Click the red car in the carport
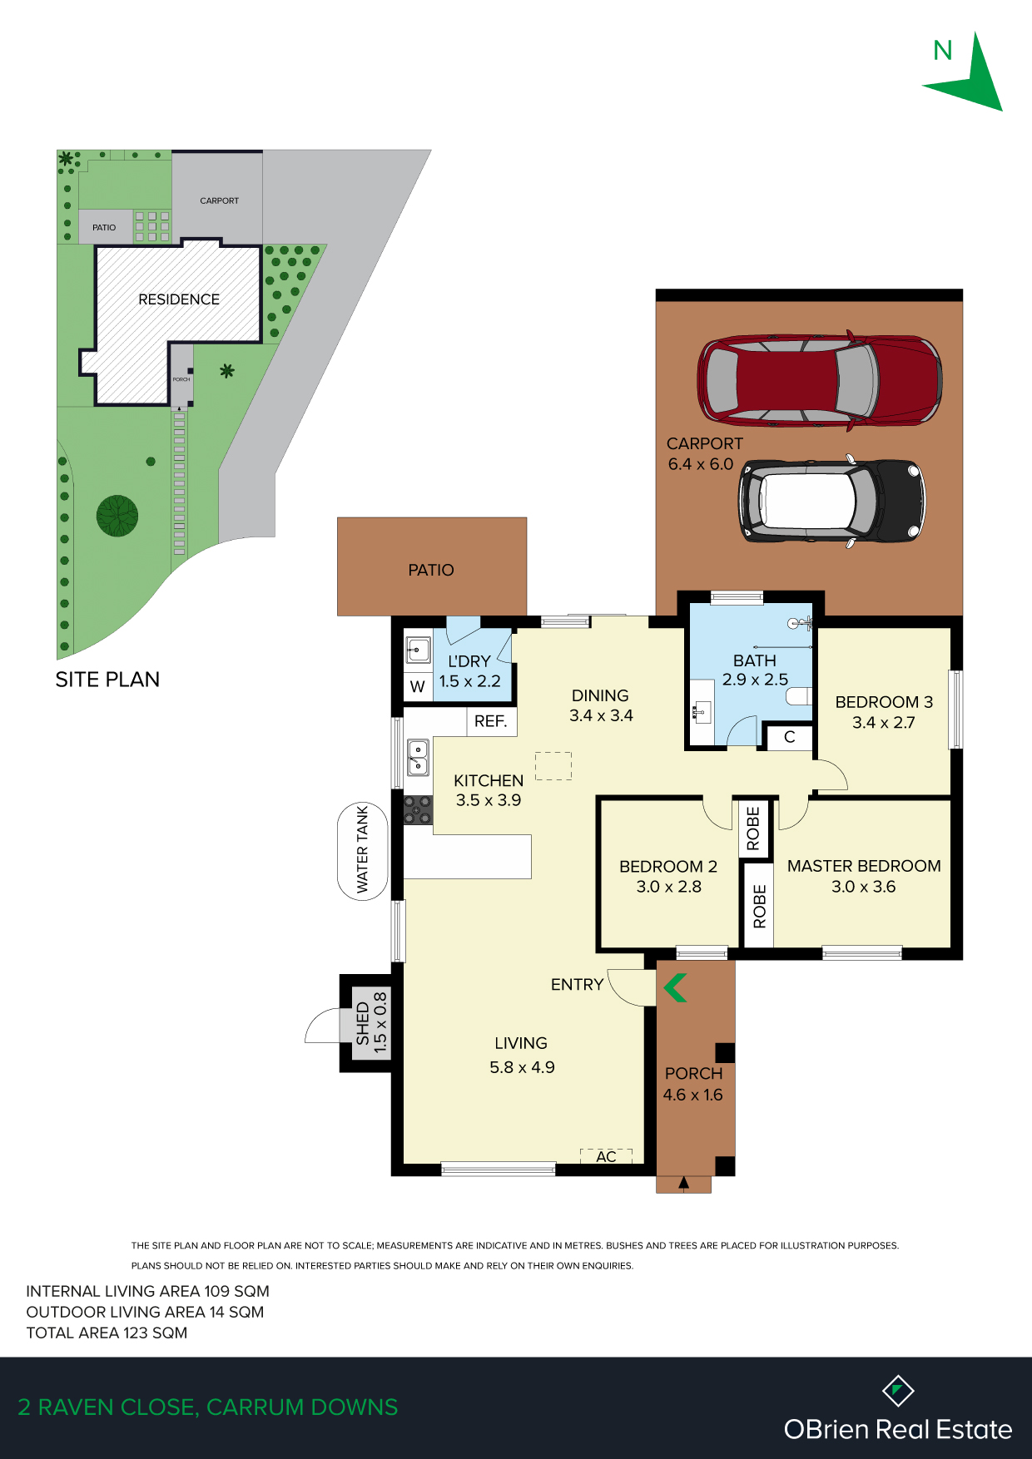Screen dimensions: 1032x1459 (x=820, y=381)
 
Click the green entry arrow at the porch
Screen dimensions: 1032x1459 (x=675, y=987)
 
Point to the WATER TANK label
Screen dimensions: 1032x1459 (x=363, y=850)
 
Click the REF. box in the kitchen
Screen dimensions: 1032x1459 (x=491, y=721)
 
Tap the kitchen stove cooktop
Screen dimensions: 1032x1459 (x=418, y=809)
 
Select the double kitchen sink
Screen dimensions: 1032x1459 (x=418, y=757)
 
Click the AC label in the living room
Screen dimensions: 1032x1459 (x=606, y=1156)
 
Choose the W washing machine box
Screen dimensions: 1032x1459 (x=418, y=687)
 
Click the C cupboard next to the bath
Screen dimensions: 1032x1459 (x=790, y=737)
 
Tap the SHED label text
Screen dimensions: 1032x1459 (x=363, y=1023)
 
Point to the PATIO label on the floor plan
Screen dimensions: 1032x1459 (x=431, y=570)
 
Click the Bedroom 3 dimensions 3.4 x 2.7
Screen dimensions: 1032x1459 (x=884, y=723)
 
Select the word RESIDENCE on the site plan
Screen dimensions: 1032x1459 (x=179, y=299)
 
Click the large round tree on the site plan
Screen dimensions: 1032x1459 (x=117, y=516)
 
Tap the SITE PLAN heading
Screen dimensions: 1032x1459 (x=107, y=680)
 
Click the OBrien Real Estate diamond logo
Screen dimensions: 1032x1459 (x=898, y=1390)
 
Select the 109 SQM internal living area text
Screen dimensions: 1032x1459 (x=237, y=1291)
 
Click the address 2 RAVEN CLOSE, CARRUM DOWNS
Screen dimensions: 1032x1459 (x=208, y=1407)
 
